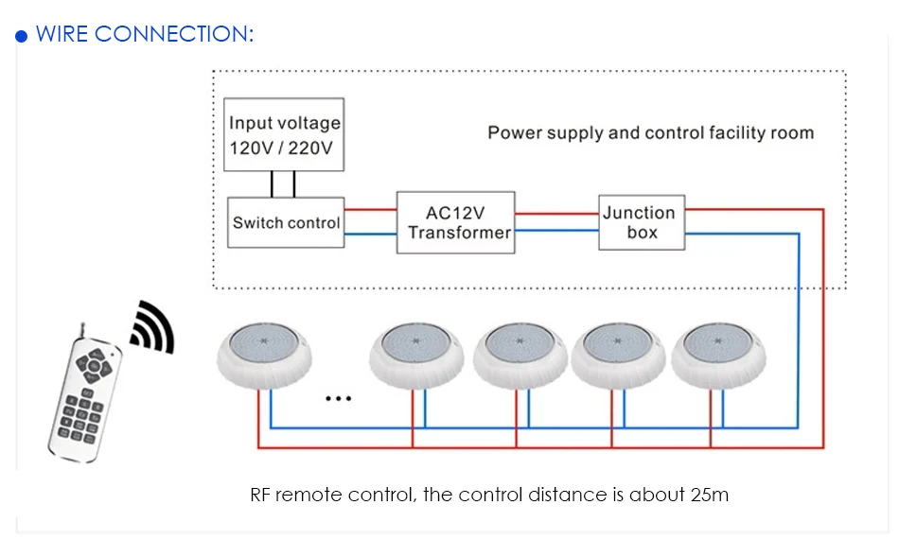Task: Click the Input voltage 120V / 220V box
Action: click(284, 134)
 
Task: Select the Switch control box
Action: click(286, 222)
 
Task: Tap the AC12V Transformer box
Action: click(456, 222)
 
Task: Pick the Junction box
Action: click(642, 222)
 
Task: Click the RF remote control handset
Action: click(84, 395)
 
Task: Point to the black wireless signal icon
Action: click(153, 326)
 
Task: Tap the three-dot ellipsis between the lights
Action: click(338, 398)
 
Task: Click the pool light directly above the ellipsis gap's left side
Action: click(264, 356)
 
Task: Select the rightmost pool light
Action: click(718, 356)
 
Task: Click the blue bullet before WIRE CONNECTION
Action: click(21, 36)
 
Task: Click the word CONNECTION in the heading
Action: click(174, 34)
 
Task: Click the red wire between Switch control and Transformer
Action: click(370, 210)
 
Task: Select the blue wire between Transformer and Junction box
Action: click(556, 231)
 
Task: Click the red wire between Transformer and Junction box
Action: click(556, 214)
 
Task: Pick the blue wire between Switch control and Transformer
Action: click(370, 234)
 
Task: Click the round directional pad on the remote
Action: click(94, 365)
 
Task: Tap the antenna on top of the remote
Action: click(83, 331)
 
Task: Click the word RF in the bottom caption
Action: click(259, 495)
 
